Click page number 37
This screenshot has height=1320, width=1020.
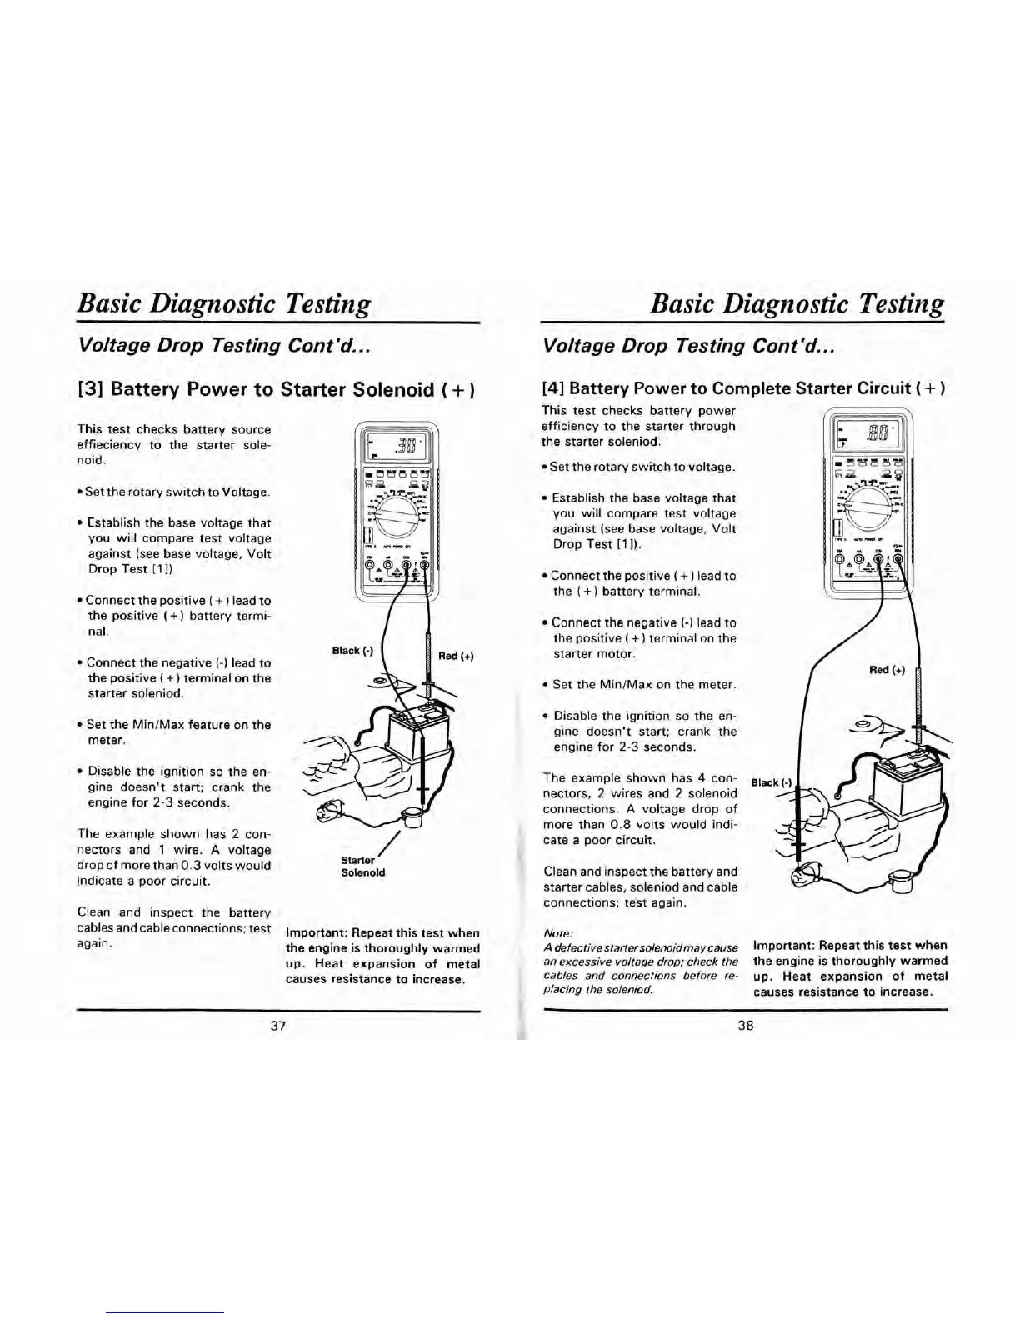pos(278,1026)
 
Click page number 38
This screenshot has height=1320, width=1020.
pos(745,1026)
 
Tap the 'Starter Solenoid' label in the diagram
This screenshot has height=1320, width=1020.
pos(363,866)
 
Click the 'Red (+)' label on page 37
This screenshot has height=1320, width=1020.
pos(456,656)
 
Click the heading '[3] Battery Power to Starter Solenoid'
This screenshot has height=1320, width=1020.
pos(277,389)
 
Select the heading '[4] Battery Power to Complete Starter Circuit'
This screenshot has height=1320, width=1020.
pos(743,387)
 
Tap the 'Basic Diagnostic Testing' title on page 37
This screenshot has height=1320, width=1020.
pos(223,302)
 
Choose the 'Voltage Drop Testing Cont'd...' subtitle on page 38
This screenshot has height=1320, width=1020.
pos(688,345)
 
